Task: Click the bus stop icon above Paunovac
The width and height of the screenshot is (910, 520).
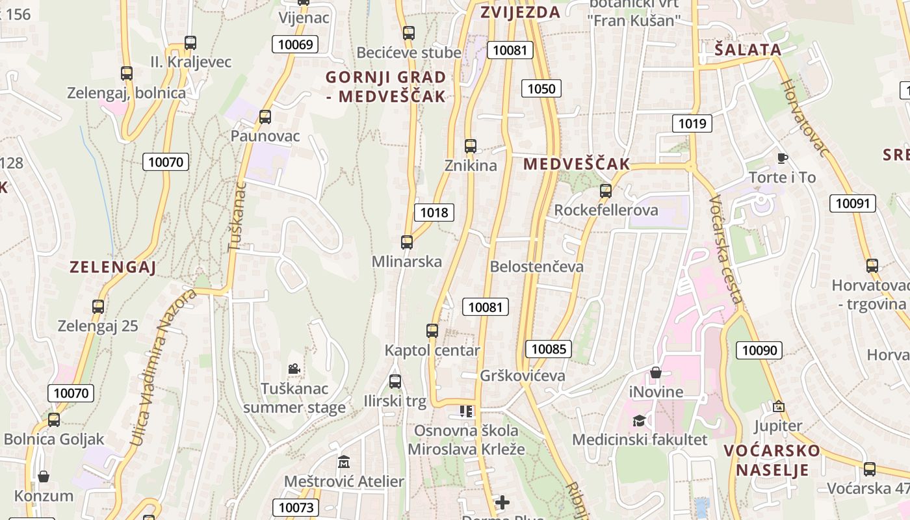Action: click(265, 117)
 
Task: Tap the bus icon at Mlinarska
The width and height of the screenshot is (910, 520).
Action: click(407, 242)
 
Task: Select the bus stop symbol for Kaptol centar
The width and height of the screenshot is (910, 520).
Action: click(432, 331)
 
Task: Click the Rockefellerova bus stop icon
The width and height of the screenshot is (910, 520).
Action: click(606, 191)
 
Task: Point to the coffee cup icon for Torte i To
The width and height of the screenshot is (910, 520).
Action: click(783, 158)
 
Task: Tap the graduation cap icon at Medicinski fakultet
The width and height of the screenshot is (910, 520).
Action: click(640, 421)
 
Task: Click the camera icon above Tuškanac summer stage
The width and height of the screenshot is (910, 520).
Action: click(294, 369)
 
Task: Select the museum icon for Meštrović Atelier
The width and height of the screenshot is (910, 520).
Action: click(344, 462)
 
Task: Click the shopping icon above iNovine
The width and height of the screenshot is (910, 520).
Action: click(656, 372)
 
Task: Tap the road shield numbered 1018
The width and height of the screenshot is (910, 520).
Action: click(434, 212)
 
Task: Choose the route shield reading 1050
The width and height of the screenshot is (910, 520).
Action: click(541, 88)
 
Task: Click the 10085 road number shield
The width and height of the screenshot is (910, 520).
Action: click(549, 349)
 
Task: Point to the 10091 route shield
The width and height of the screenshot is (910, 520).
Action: click(852, 203)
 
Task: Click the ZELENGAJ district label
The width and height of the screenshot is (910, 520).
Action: click(112, 266)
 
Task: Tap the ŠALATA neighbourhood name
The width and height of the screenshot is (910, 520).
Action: click(748, 49)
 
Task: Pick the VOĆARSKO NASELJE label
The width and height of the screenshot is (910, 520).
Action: click(772, 460)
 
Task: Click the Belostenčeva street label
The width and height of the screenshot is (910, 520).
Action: click(537, 266)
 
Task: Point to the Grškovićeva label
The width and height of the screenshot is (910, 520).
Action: click(523, 376)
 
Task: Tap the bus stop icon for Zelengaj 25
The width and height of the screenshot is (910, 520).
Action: click(98, 307)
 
